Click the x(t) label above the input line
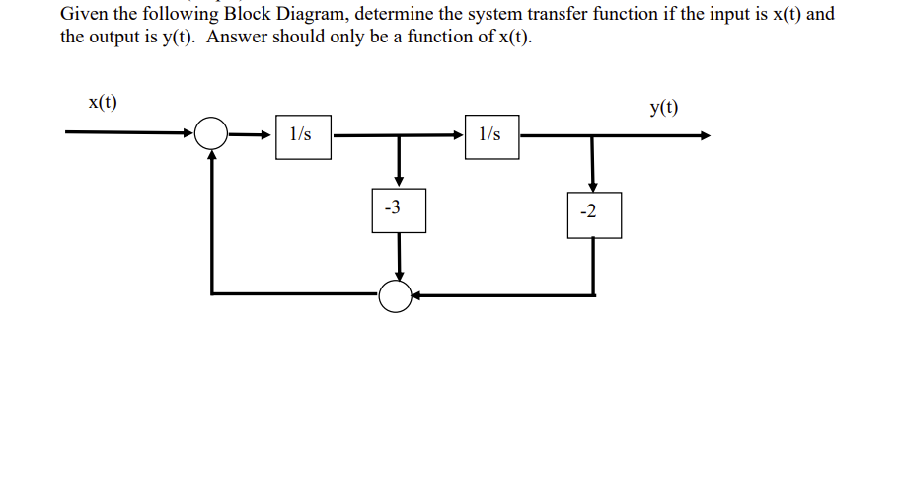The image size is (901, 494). click(103, 102)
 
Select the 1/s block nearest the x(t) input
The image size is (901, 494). click(302, 135)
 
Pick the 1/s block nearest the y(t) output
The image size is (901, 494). click(490, 135)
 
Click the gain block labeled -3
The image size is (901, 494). click(398, 209)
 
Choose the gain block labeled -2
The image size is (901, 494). click(593, 213)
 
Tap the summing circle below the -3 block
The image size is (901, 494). click(396, 294)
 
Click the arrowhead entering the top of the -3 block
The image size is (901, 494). click(398, 181)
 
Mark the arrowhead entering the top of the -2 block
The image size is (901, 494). click(593, 185)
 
